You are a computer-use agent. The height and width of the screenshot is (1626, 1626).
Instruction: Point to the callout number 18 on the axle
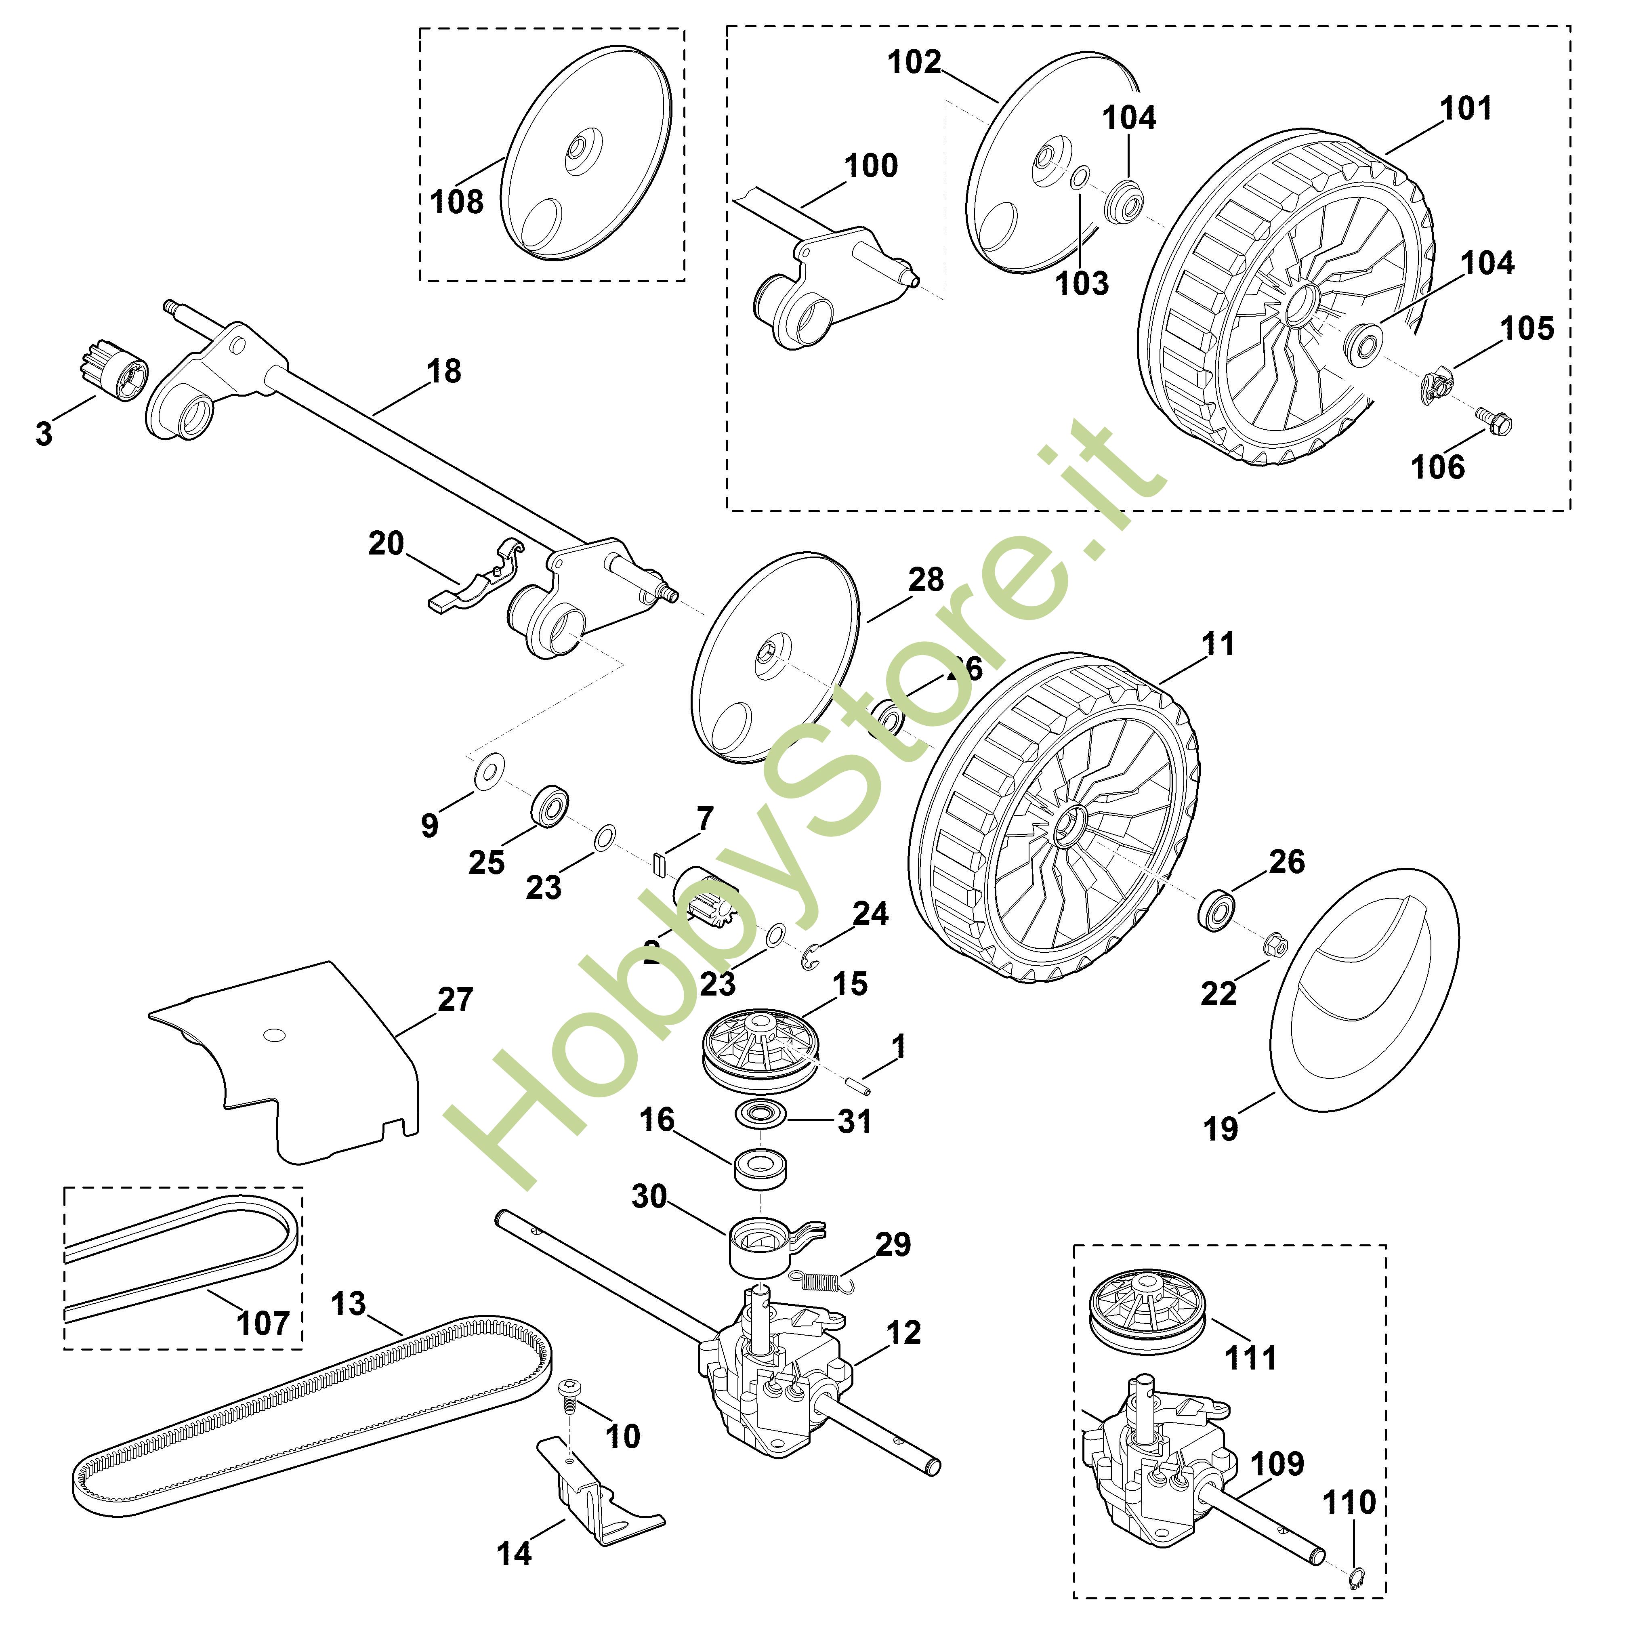click(x=443, y=371)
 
